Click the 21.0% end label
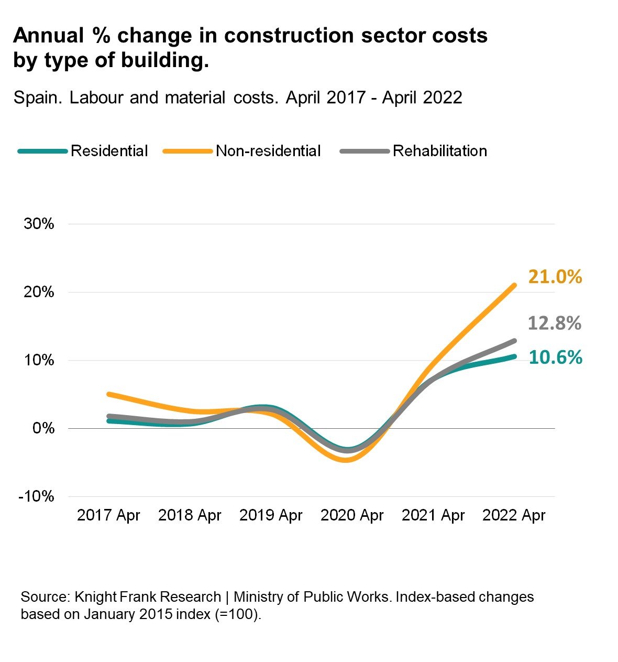(555, 277)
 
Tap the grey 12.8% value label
(554, 323)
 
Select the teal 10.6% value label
(555, 357)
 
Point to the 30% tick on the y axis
(39, 224)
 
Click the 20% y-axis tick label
(39, 292)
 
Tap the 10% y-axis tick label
(39, 360)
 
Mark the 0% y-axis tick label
(43, 428)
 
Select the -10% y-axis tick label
(36, 496)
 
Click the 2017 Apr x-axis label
(108, 515)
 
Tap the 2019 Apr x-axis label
(271, 515)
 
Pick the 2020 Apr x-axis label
(352, 515)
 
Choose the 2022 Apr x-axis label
(514, 515)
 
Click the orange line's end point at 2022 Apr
(514, 286)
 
